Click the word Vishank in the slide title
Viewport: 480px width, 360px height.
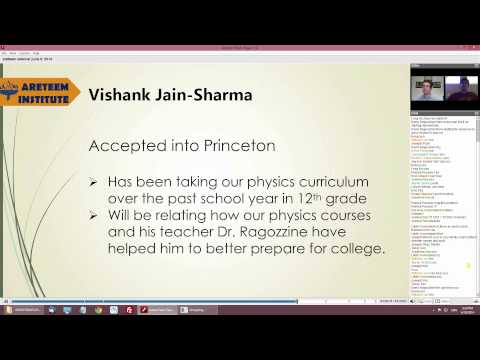119,96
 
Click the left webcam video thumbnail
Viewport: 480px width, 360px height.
426,92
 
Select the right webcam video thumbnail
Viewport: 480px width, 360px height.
461,92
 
